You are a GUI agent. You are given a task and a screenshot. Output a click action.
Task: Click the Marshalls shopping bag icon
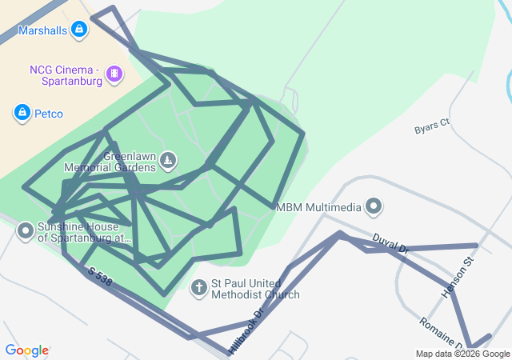78,30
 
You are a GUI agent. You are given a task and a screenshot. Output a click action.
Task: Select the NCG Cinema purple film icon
115,74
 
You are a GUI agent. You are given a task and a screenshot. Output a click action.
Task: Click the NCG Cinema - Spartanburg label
66,75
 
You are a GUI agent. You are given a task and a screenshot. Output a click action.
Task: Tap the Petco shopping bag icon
22,113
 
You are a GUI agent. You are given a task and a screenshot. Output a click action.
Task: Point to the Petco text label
49,114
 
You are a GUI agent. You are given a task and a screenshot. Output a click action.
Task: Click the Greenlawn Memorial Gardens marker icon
167,160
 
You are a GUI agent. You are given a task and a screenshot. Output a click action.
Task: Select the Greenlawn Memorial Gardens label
118,162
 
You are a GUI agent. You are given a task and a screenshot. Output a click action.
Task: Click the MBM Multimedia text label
318,207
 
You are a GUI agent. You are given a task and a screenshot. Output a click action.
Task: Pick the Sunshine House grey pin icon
25,232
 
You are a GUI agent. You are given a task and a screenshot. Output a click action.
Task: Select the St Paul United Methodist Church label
255,289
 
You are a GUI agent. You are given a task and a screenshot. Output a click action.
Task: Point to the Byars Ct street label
432,126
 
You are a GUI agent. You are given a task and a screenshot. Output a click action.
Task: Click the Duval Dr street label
390,243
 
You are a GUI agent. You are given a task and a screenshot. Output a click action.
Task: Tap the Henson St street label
458,278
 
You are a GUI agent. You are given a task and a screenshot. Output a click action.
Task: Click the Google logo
26,350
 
